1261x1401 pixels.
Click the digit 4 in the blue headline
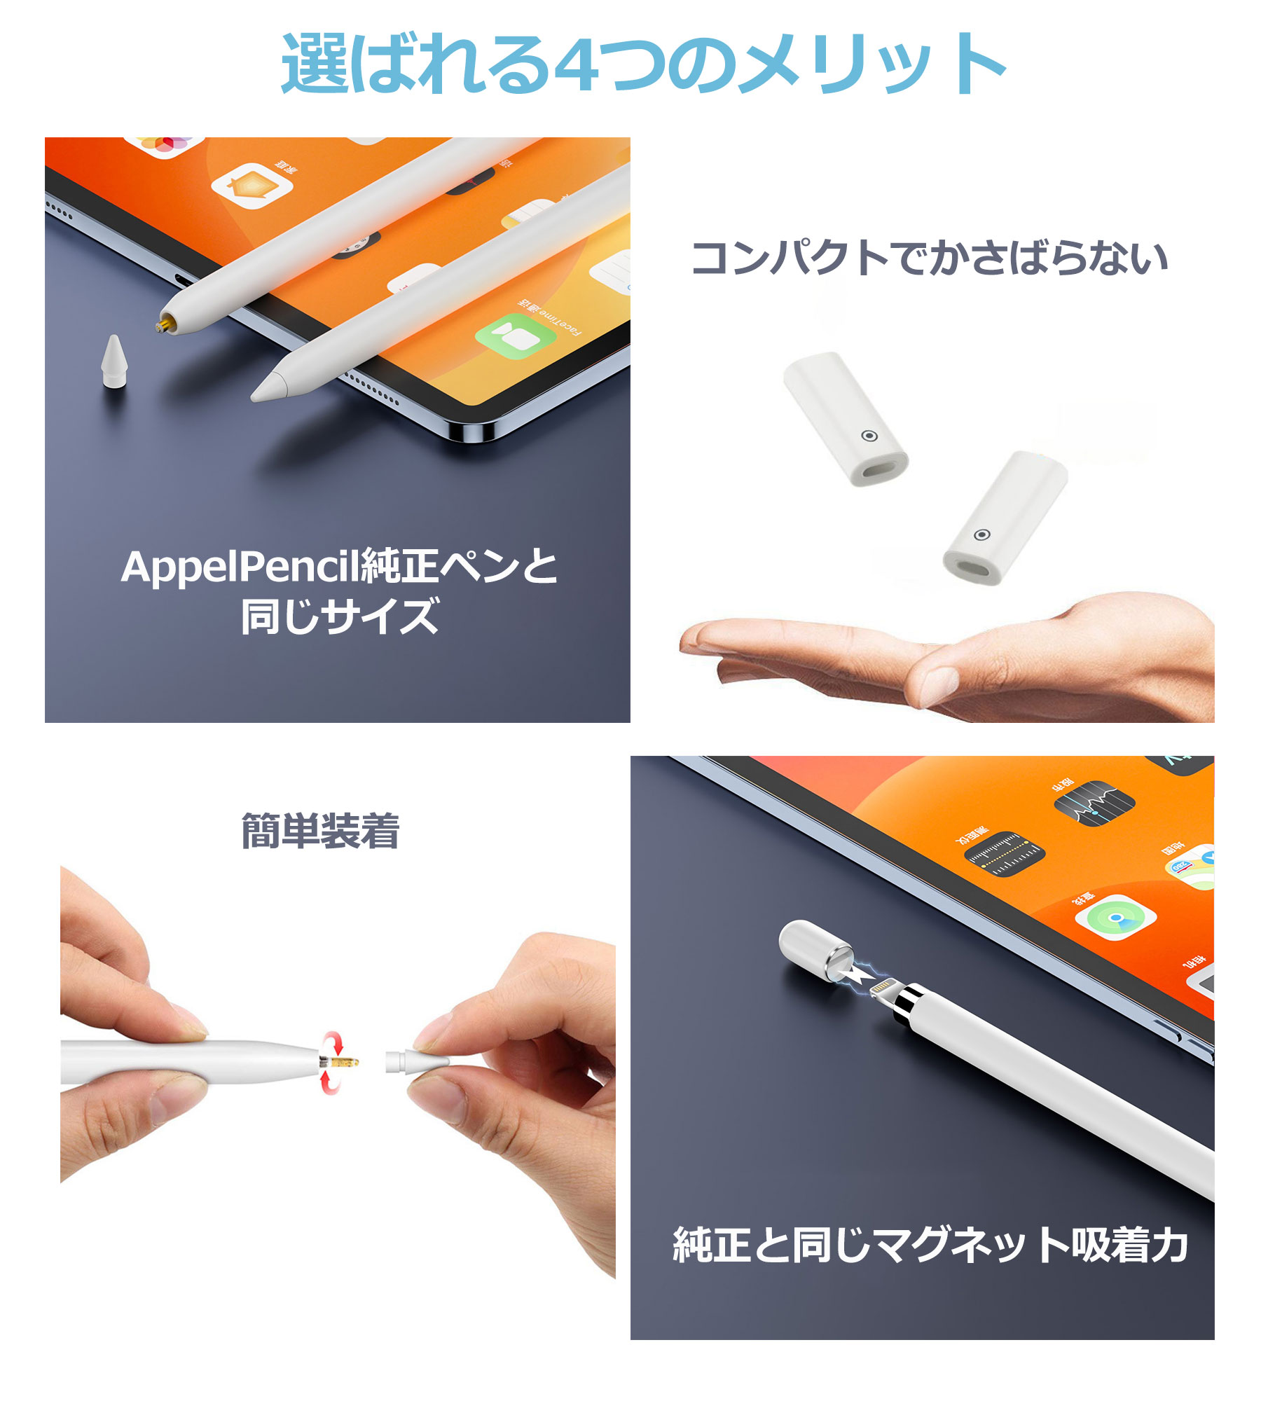[x=583, y=64]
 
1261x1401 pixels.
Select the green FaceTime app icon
[x=516, y=337]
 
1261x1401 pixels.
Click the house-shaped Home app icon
[x=252, y=186]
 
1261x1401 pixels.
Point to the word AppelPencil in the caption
[x=239, y=567]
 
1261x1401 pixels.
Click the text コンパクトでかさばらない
[x=929, y=258]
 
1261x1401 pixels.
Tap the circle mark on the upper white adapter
[x=869, y=436]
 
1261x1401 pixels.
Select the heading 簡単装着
[x=320, y=831]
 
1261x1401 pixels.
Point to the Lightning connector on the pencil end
[x=884, y=990]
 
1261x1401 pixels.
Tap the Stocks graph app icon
[x=1094, y=803]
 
